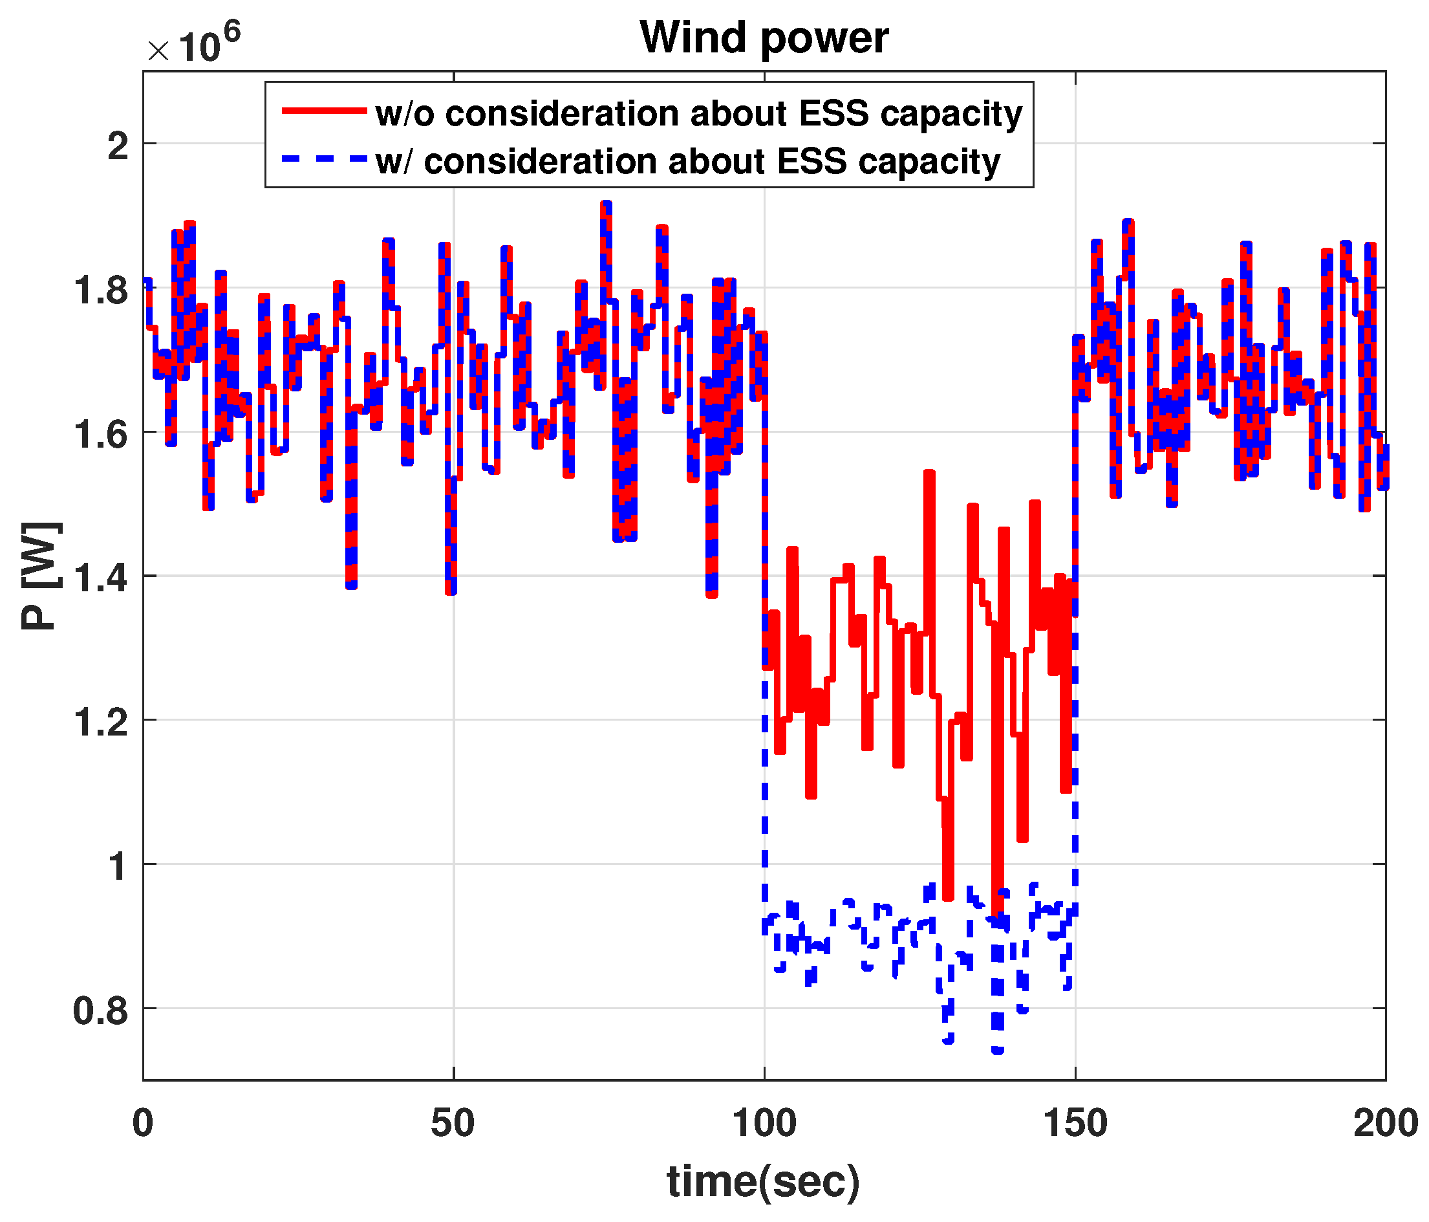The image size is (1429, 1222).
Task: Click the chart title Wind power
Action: tap(764, 38)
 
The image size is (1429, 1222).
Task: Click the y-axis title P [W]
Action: tap(40, 576)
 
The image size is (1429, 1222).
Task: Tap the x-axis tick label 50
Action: tap(453, 1123)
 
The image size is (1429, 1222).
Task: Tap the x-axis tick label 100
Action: tap(764, 1123)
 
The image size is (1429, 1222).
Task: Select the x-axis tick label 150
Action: tap(1075, 1123)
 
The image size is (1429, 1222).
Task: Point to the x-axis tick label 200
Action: tap(1385, 1123)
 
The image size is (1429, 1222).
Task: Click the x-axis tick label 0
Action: tap(143, 1123)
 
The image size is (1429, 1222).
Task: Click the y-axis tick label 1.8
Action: tap(101, 290)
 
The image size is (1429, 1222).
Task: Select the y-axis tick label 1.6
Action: tap(101, 435)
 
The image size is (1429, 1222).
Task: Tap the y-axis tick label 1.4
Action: tap(101, 578)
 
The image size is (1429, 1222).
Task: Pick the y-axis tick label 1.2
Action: tap(101, 723)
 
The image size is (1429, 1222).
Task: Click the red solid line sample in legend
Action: tap(323, 111)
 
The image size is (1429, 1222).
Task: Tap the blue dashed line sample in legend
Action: tap(323, 158)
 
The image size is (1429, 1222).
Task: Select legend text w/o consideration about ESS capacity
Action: tap(698, 113)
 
